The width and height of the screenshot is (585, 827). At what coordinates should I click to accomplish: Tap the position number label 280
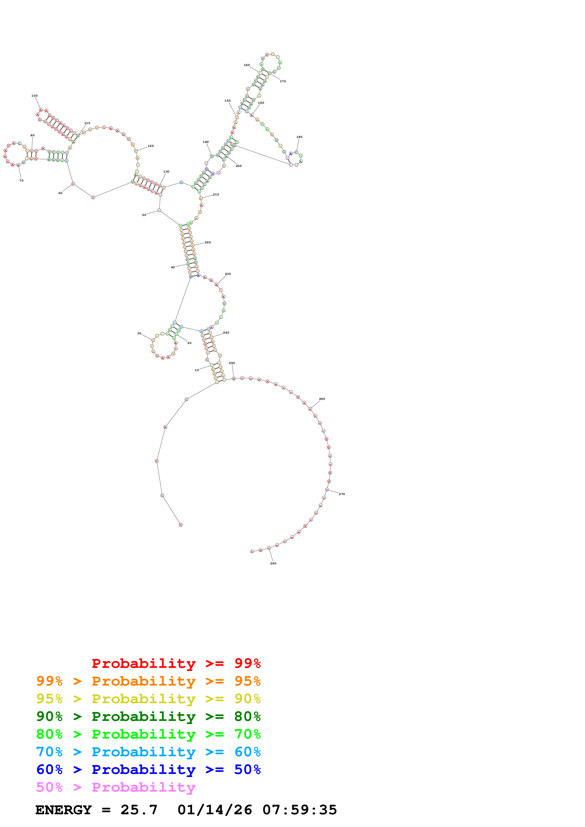click(x=273, y=563)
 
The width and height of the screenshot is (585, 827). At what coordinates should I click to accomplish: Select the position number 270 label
click(x=342, y=494)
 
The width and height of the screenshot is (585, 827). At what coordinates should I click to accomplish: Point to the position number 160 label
click(x=247, y=65)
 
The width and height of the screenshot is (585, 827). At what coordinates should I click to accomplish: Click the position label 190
click(x=299, y=137)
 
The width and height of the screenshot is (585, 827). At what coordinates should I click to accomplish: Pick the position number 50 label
click(x=144, y=215)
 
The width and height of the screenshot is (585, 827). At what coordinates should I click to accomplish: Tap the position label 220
click(x=208, y=242)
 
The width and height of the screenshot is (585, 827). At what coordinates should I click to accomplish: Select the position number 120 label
click(x=151, y=146)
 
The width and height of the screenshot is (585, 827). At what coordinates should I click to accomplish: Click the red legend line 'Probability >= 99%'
click(x=176, y=663)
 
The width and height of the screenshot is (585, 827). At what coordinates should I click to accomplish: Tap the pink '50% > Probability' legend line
click(x=116, y=787)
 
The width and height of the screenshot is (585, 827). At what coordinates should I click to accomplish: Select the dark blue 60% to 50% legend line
click(x=148, y=770)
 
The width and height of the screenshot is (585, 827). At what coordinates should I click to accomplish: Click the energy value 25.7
click(x=139, y=810)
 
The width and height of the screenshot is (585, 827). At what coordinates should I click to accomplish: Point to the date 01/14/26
click(x=215, y=810)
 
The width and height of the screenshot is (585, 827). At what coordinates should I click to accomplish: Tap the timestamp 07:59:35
click(x=299, y=810)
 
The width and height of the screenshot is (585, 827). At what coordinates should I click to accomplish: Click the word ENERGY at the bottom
click(x=63, y=810)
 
